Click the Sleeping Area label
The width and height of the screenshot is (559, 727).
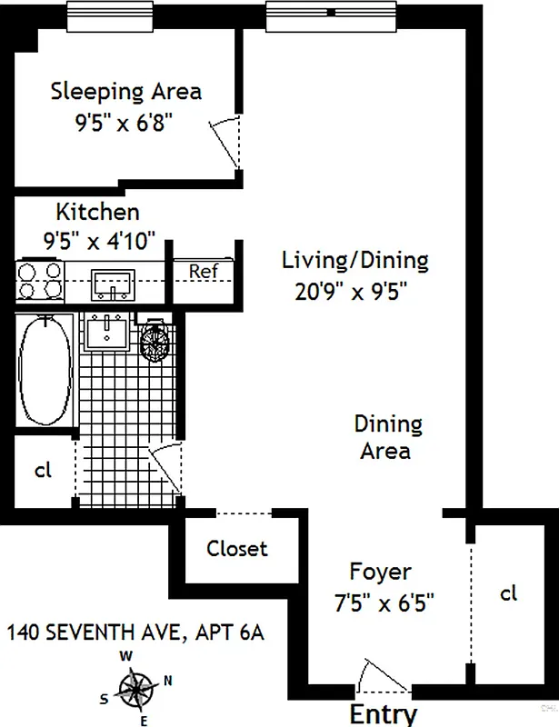click(x=125, y=92)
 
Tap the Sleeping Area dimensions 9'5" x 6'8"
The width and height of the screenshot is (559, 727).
click(x=125, y=121)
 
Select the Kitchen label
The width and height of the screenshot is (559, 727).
click(x=98, y=213)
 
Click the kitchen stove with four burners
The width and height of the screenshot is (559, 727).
click(x=40, y=280)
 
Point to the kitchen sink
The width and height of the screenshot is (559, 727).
click(x=114, y=284)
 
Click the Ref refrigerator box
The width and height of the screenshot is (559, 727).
click(x=202, y=271)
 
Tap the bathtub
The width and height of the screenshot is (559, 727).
click(x=45, y=372)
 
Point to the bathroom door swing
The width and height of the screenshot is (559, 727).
click(x=165, y=468)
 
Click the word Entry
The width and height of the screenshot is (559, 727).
click(x=383, y=712)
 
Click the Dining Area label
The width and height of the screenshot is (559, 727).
click(x=388, y=436)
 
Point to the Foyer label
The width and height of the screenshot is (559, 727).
click(x=380, y=573)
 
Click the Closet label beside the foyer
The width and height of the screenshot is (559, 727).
click(x=236, y=549)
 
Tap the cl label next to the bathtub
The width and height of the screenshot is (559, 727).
click(x=43, y=471)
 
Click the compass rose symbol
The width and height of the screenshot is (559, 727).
click(x=136, y=688)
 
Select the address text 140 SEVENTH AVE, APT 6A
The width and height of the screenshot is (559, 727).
click(x=135, y=632)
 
